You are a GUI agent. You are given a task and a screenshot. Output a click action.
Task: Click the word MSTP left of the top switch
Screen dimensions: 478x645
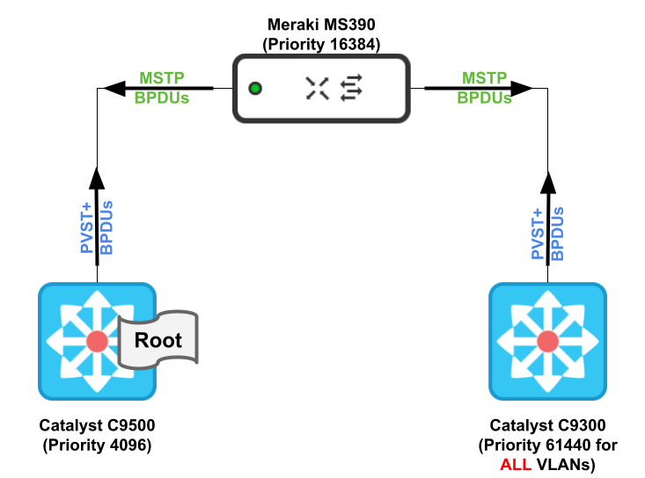161,78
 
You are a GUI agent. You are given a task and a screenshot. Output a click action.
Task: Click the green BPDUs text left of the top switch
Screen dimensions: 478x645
161,98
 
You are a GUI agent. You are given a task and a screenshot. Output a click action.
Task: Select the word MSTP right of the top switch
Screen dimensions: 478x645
484,78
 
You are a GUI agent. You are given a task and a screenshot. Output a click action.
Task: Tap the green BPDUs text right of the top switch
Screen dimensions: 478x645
484,98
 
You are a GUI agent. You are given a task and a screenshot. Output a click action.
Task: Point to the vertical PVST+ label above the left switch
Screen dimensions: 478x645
87,228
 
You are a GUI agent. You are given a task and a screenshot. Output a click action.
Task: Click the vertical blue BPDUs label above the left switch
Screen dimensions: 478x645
106,228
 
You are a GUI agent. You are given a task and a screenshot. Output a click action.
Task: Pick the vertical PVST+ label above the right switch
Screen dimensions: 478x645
538,234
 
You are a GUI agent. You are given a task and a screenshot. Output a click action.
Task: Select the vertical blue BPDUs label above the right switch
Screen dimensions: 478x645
557,234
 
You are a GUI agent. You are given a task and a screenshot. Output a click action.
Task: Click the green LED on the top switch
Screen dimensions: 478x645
255,89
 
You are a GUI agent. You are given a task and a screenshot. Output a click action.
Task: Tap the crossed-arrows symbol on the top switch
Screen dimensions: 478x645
317,88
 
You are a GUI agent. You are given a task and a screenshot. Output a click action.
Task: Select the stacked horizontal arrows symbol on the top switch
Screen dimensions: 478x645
351,88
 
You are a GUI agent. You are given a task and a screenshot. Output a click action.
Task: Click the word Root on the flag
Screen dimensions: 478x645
158,340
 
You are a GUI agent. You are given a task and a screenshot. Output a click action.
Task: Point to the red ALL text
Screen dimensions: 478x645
516,465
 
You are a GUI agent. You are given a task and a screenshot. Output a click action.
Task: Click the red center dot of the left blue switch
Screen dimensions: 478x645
97,341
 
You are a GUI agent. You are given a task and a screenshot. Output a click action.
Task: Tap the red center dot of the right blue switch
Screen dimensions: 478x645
547,341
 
